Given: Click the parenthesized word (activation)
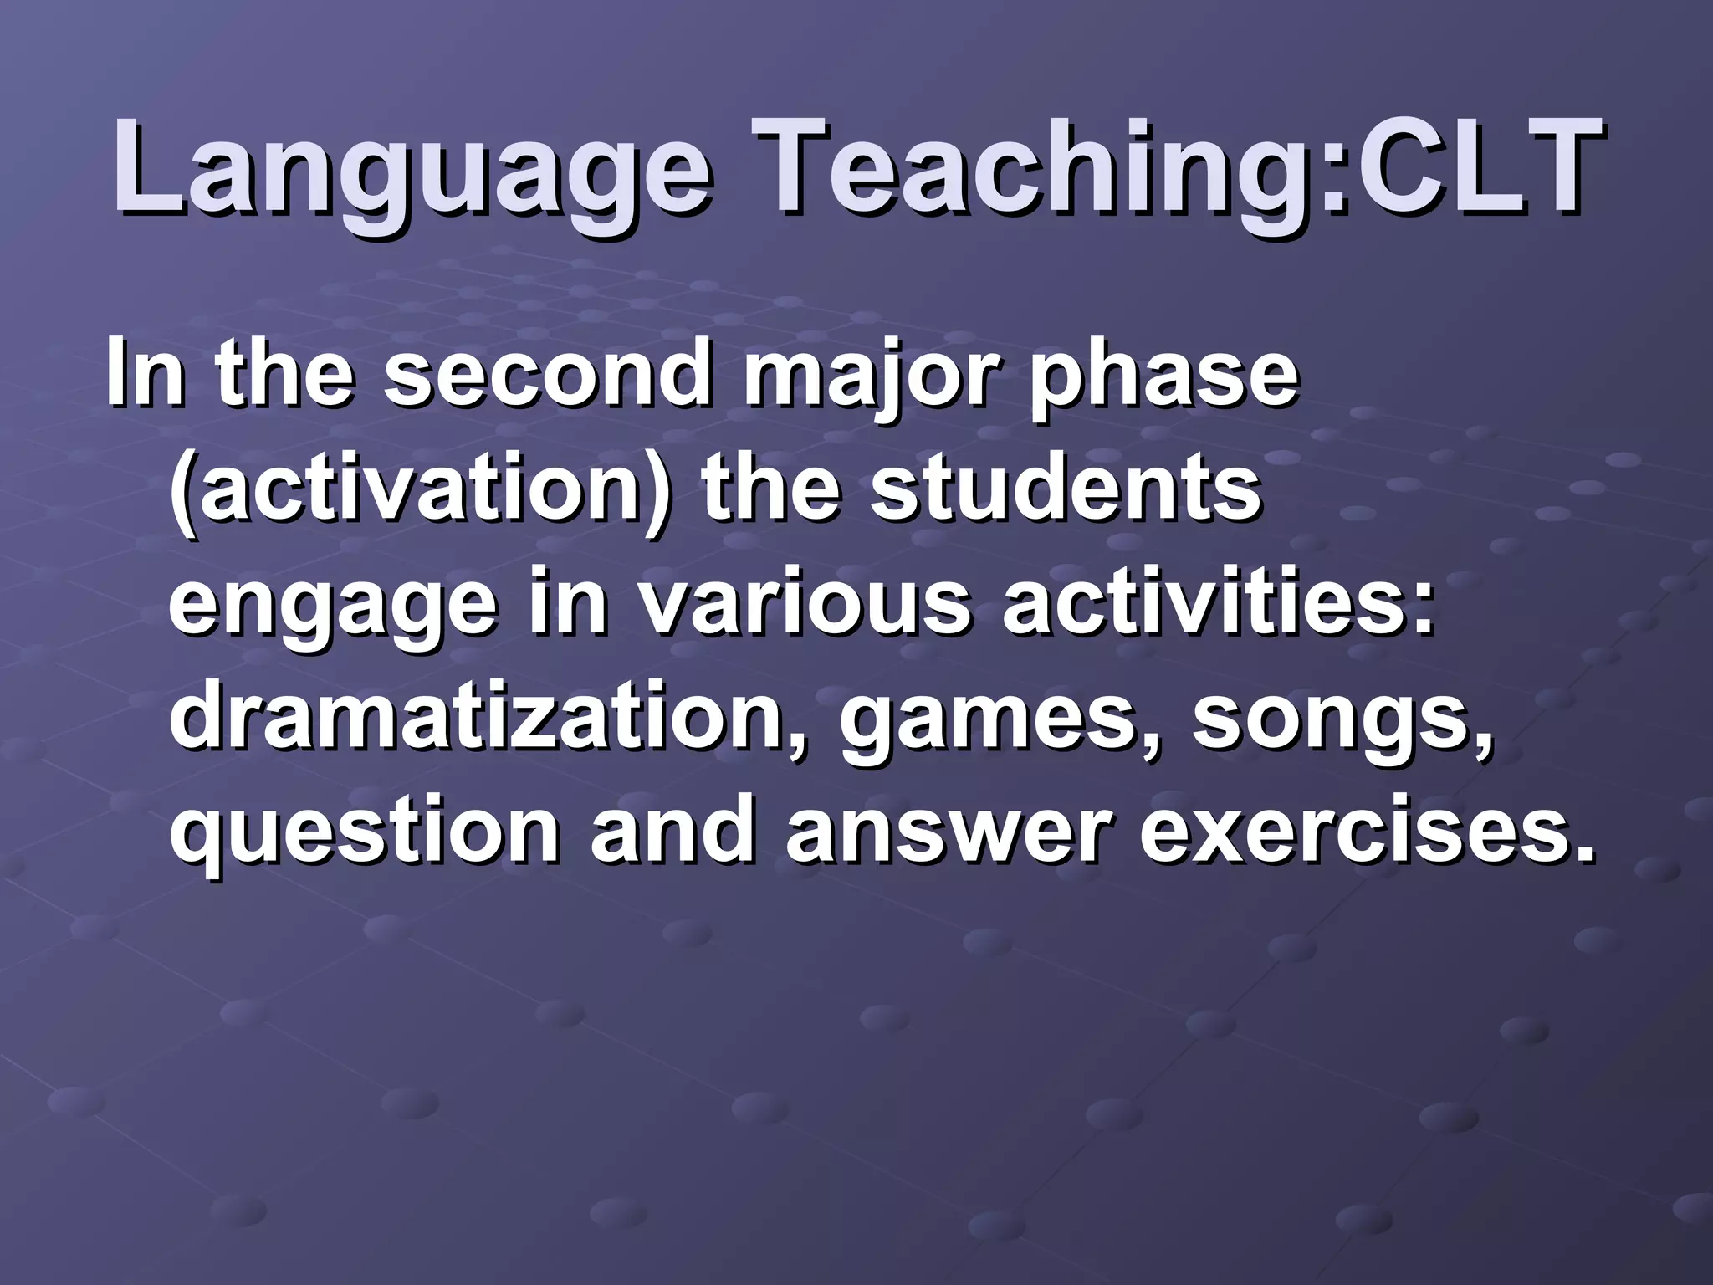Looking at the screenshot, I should [419, 489].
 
